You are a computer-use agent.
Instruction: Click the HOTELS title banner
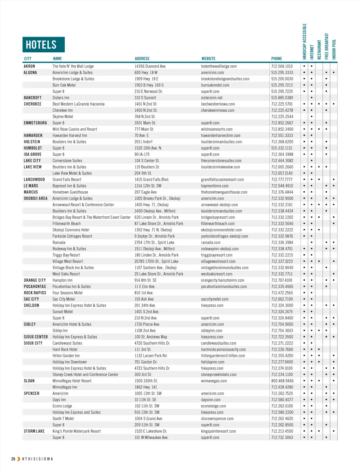click(44, 45)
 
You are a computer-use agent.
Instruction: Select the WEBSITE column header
click(208, 59)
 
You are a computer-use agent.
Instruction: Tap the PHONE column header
click(276, 59)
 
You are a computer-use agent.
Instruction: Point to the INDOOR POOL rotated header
click(334, 49)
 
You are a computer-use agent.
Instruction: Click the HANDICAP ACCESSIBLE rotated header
click(304, 41)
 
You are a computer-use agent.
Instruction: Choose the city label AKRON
click(29, 66)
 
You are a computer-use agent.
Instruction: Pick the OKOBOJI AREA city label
click(36, 198)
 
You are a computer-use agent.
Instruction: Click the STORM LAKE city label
click(34, 431)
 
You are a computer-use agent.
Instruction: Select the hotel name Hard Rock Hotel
click(65, 349)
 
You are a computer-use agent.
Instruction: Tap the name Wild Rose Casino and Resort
click(75, 129)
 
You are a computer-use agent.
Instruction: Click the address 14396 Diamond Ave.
click(150, 66)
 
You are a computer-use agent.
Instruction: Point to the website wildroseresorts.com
click(217, 129)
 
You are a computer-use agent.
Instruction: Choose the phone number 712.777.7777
click(282, 179)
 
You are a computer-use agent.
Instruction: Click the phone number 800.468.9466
click(282, 381)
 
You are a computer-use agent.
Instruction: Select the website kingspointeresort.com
click(218, 431)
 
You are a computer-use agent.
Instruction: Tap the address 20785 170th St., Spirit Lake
click(156, 261)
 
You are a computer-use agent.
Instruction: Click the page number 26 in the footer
click(13, 459)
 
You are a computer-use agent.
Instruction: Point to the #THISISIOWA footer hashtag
click(37, 459)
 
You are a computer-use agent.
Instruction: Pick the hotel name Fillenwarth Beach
click(66, 224)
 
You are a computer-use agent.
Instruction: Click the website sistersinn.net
click(212, 98)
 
